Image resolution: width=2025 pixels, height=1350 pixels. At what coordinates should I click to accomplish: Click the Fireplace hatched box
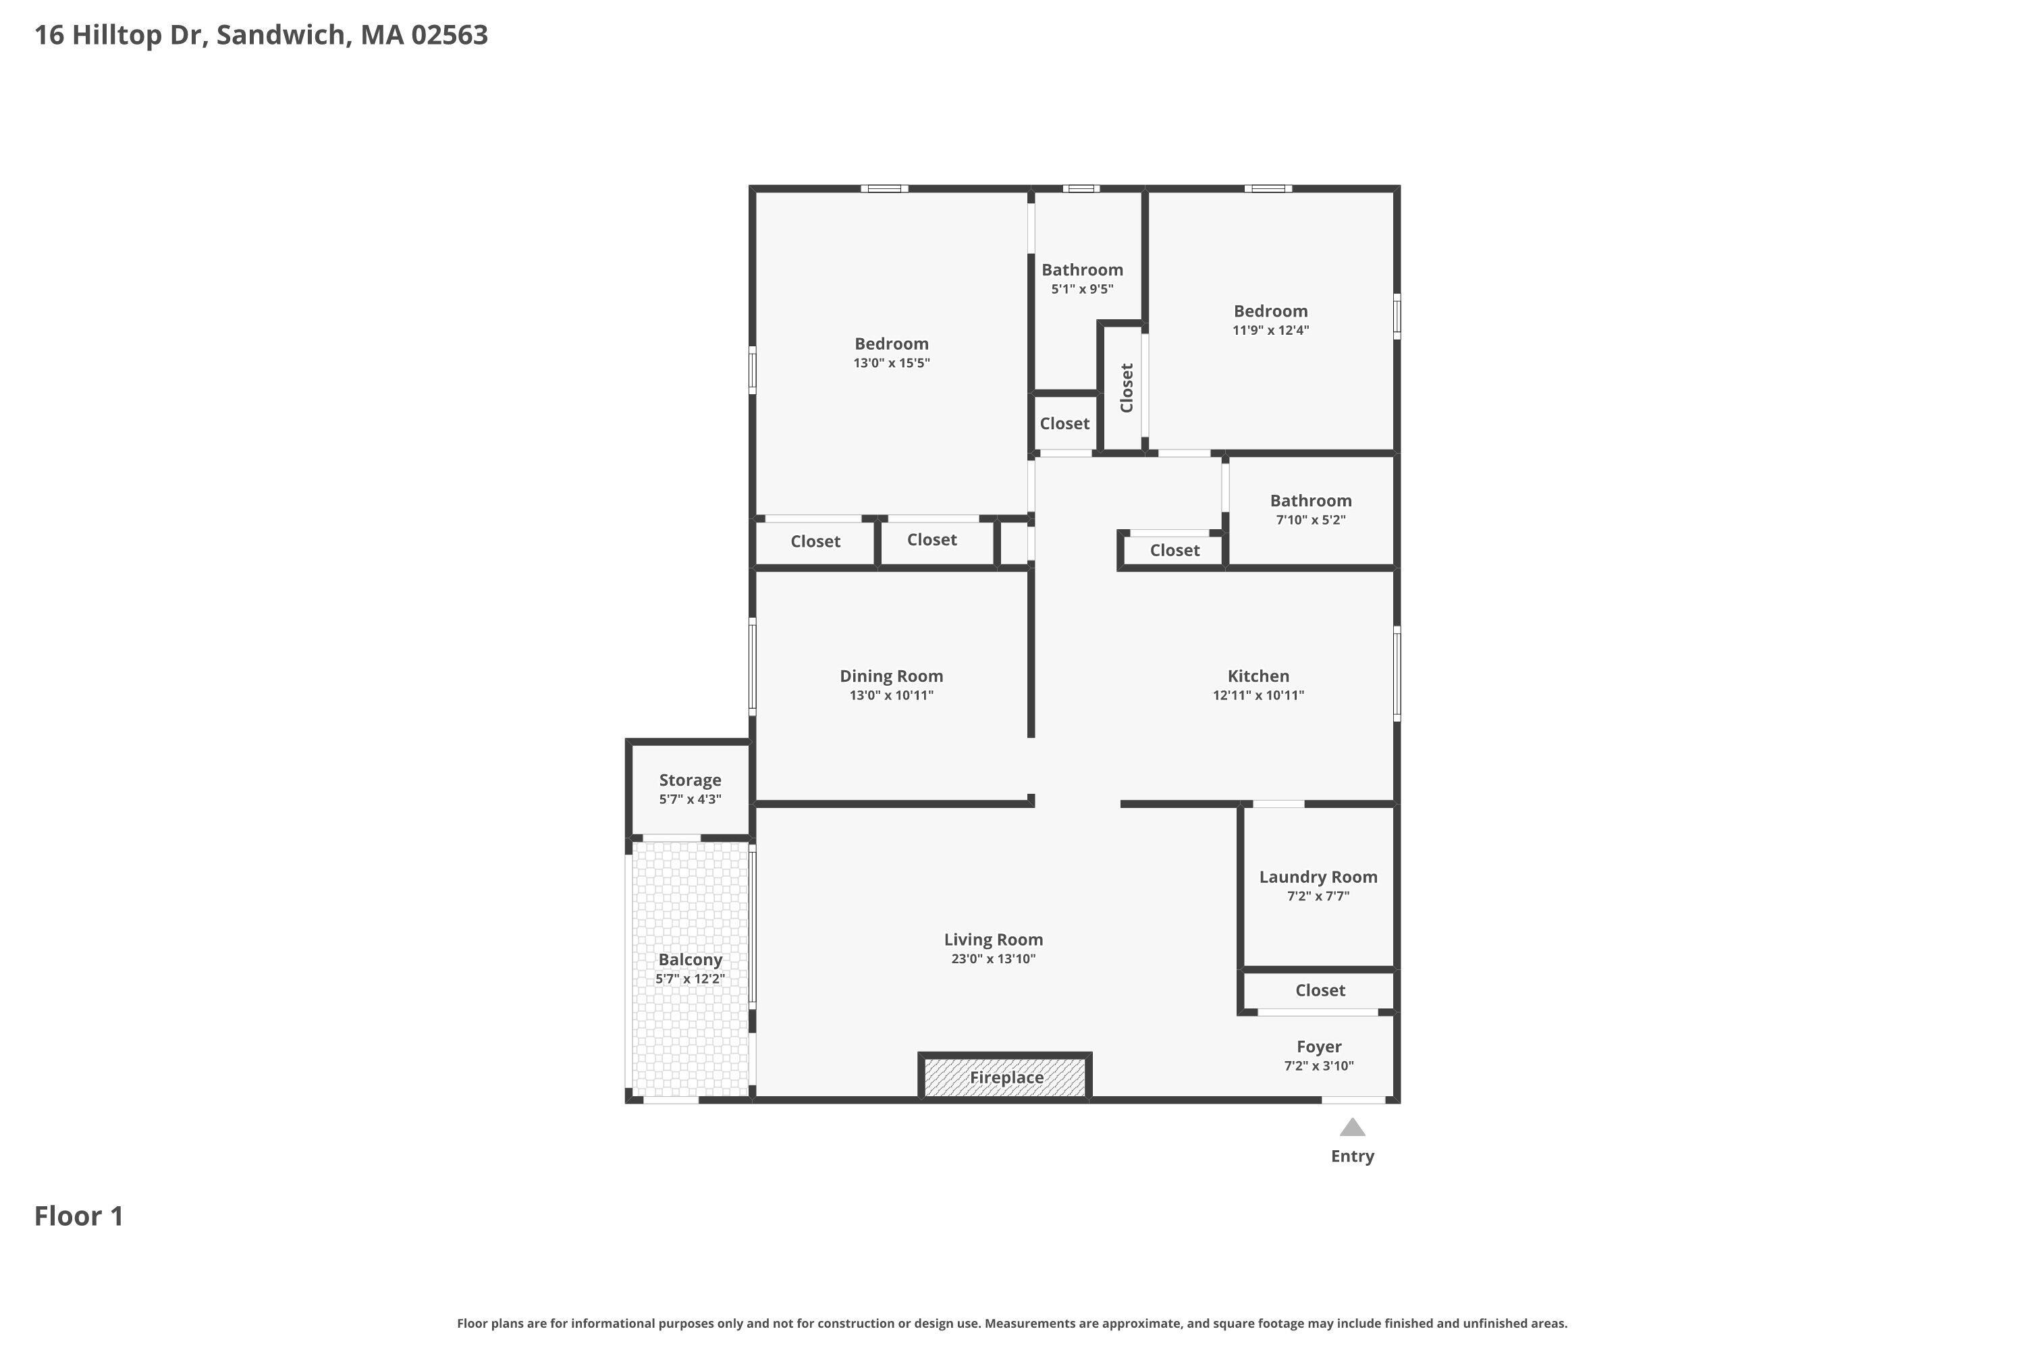coord(1005,1077)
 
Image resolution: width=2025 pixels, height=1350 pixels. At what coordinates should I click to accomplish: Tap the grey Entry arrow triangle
coord(1352,1127)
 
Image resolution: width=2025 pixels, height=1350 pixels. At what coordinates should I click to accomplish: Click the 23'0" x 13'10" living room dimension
coord(993,959)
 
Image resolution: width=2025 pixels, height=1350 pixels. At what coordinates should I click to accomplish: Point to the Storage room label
coord(690,780)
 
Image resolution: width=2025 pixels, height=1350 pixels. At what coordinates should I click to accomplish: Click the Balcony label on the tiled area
coord(690,959)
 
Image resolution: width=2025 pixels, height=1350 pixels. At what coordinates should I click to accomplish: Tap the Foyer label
coord(1318,1046)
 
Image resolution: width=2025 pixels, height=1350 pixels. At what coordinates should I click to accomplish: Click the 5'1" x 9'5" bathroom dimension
coord(1081,290)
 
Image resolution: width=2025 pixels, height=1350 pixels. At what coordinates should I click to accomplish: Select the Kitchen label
coord(1258,676)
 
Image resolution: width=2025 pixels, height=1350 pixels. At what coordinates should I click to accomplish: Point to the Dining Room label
coord(891,676)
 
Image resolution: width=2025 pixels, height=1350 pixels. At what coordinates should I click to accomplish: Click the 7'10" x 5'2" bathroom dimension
coord(1310,520)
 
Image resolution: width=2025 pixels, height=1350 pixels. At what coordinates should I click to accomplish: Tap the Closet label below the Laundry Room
coord(1320,990)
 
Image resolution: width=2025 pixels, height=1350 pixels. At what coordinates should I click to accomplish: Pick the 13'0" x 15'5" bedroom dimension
coord(891,363)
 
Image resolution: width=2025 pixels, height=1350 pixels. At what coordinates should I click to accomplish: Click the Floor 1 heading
coord(78,1216)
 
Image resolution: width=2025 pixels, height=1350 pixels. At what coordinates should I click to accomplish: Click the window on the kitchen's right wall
coord(1397,673)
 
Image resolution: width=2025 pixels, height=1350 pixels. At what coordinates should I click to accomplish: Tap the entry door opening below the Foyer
coord(1353,1100)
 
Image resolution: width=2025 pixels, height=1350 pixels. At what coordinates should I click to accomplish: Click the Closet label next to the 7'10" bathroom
coord(1174,550)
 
